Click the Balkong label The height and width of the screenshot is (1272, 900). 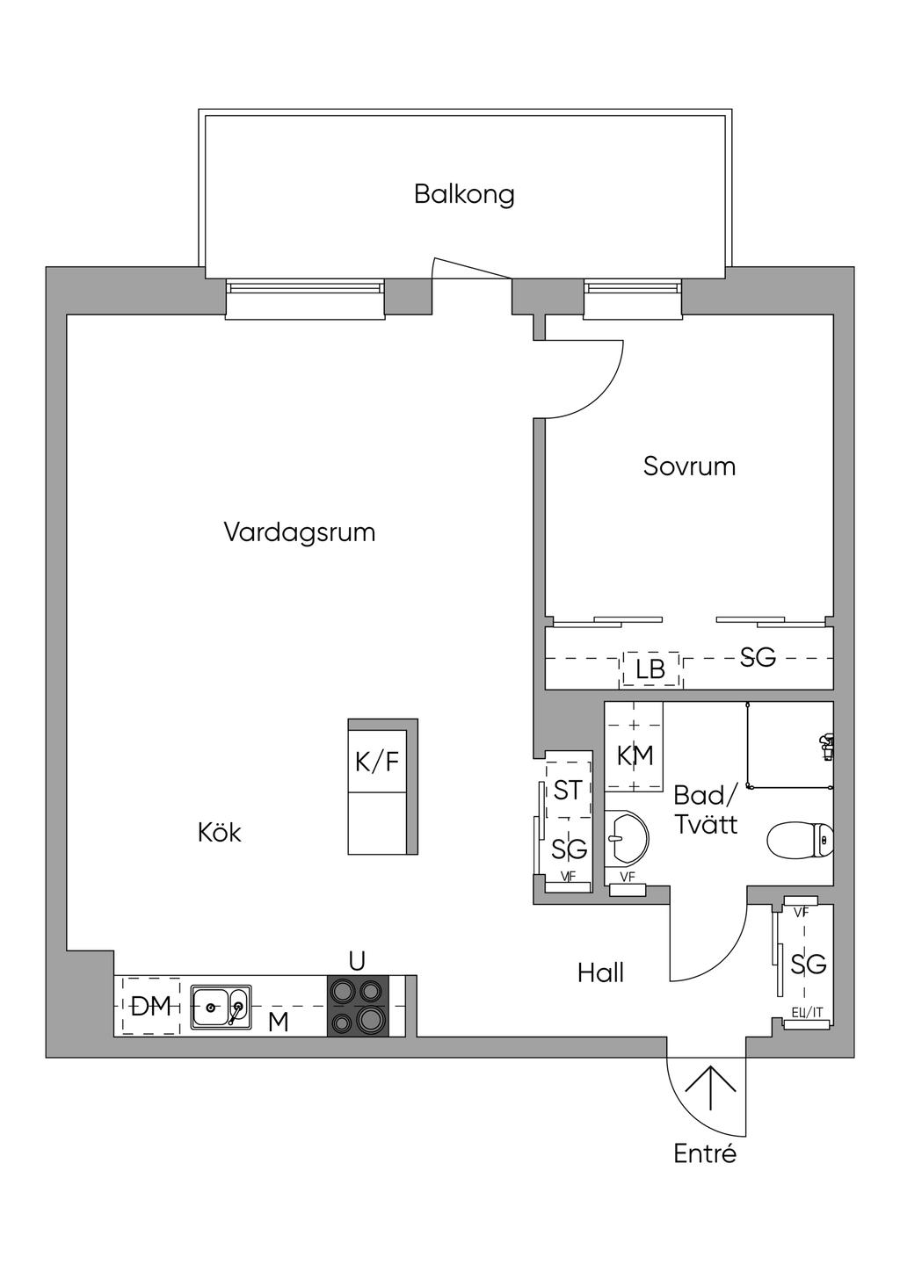point(464,194)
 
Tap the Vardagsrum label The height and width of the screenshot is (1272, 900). point(299,532)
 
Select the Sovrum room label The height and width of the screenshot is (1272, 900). point(689,466)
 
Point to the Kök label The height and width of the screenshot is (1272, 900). point(219,833)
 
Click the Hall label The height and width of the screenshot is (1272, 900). point(601,972)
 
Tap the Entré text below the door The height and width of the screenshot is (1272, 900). point(705,1153)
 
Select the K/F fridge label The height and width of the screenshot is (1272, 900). point(377,762)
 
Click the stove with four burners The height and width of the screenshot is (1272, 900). point(358,1005)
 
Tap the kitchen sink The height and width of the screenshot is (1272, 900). point(221,1006)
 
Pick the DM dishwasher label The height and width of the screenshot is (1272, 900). point(150,1007)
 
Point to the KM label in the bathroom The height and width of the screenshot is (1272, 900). point(635,755)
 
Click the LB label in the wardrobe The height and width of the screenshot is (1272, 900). point(650,669)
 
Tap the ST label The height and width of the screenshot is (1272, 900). point(567,790)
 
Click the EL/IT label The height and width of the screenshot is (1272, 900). point(807,1012)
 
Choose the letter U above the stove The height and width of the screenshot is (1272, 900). point(357,961)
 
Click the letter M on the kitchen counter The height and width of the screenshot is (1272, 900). point(278,1022)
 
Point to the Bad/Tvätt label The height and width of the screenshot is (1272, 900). point(705,810)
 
